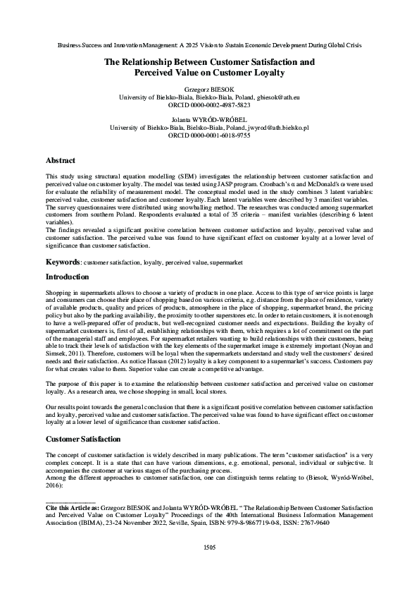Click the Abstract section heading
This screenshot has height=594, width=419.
pos(60,161)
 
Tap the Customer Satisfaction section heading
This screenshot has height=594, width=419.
pos(85,439)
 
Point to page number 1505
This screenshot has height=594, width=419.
pos(209,547)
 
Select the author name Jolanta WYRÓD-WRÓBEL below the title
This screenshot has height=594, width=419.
pos(209,119)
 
